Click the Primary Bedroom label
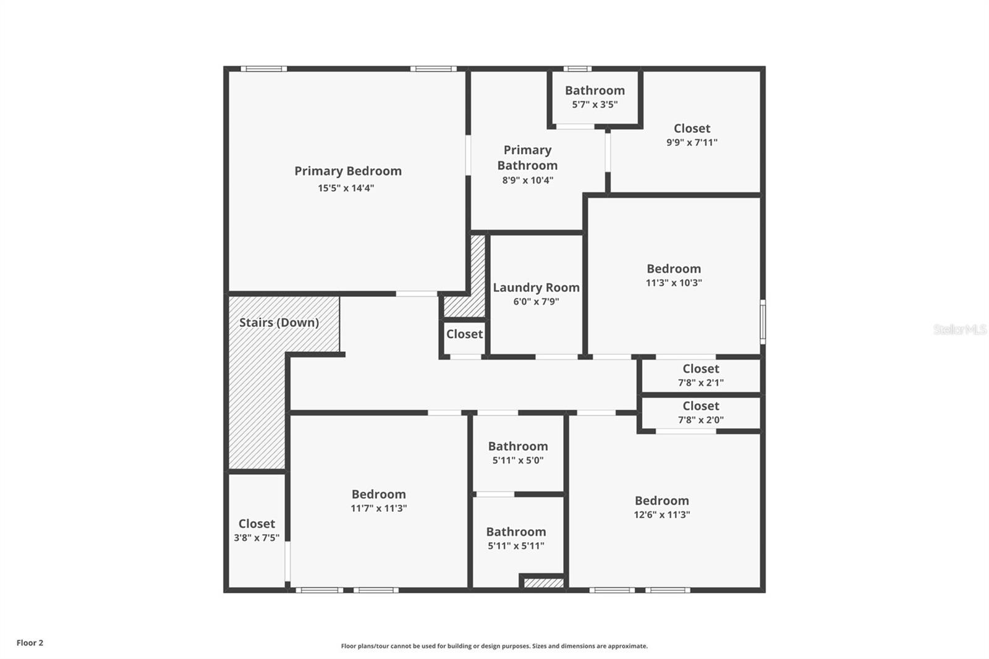[347, 171]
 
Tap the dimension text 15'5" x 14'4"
[346, 188]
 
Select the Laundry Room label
[536, 287]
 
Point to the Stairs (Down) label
[279, 323]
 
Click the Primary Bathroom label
[527, 158]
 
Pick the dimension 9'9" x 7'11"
[692, 142]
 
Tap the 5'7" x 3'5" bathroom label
[595, 91]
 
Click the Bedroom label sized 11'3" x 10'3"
[674, 269]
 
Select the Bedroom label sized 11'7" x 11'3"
[378, 495]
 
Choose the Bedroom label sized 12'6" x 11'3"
[661, 501]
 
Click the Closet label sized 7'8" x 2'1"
[701, 369]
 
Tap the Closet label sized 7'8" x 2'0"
[701, 406]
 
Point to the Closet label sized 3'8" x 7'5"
[257, 524]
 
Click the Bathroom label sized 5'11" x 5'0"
[518, 446]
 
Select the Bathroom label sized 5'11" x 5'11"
[516, 532]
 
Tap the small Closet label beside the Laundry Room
[464, 334]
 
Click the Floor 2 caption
[30, 643]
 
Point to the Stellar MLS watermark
[959, 329]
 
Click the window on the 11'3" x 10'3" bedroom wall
[763, 321]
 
